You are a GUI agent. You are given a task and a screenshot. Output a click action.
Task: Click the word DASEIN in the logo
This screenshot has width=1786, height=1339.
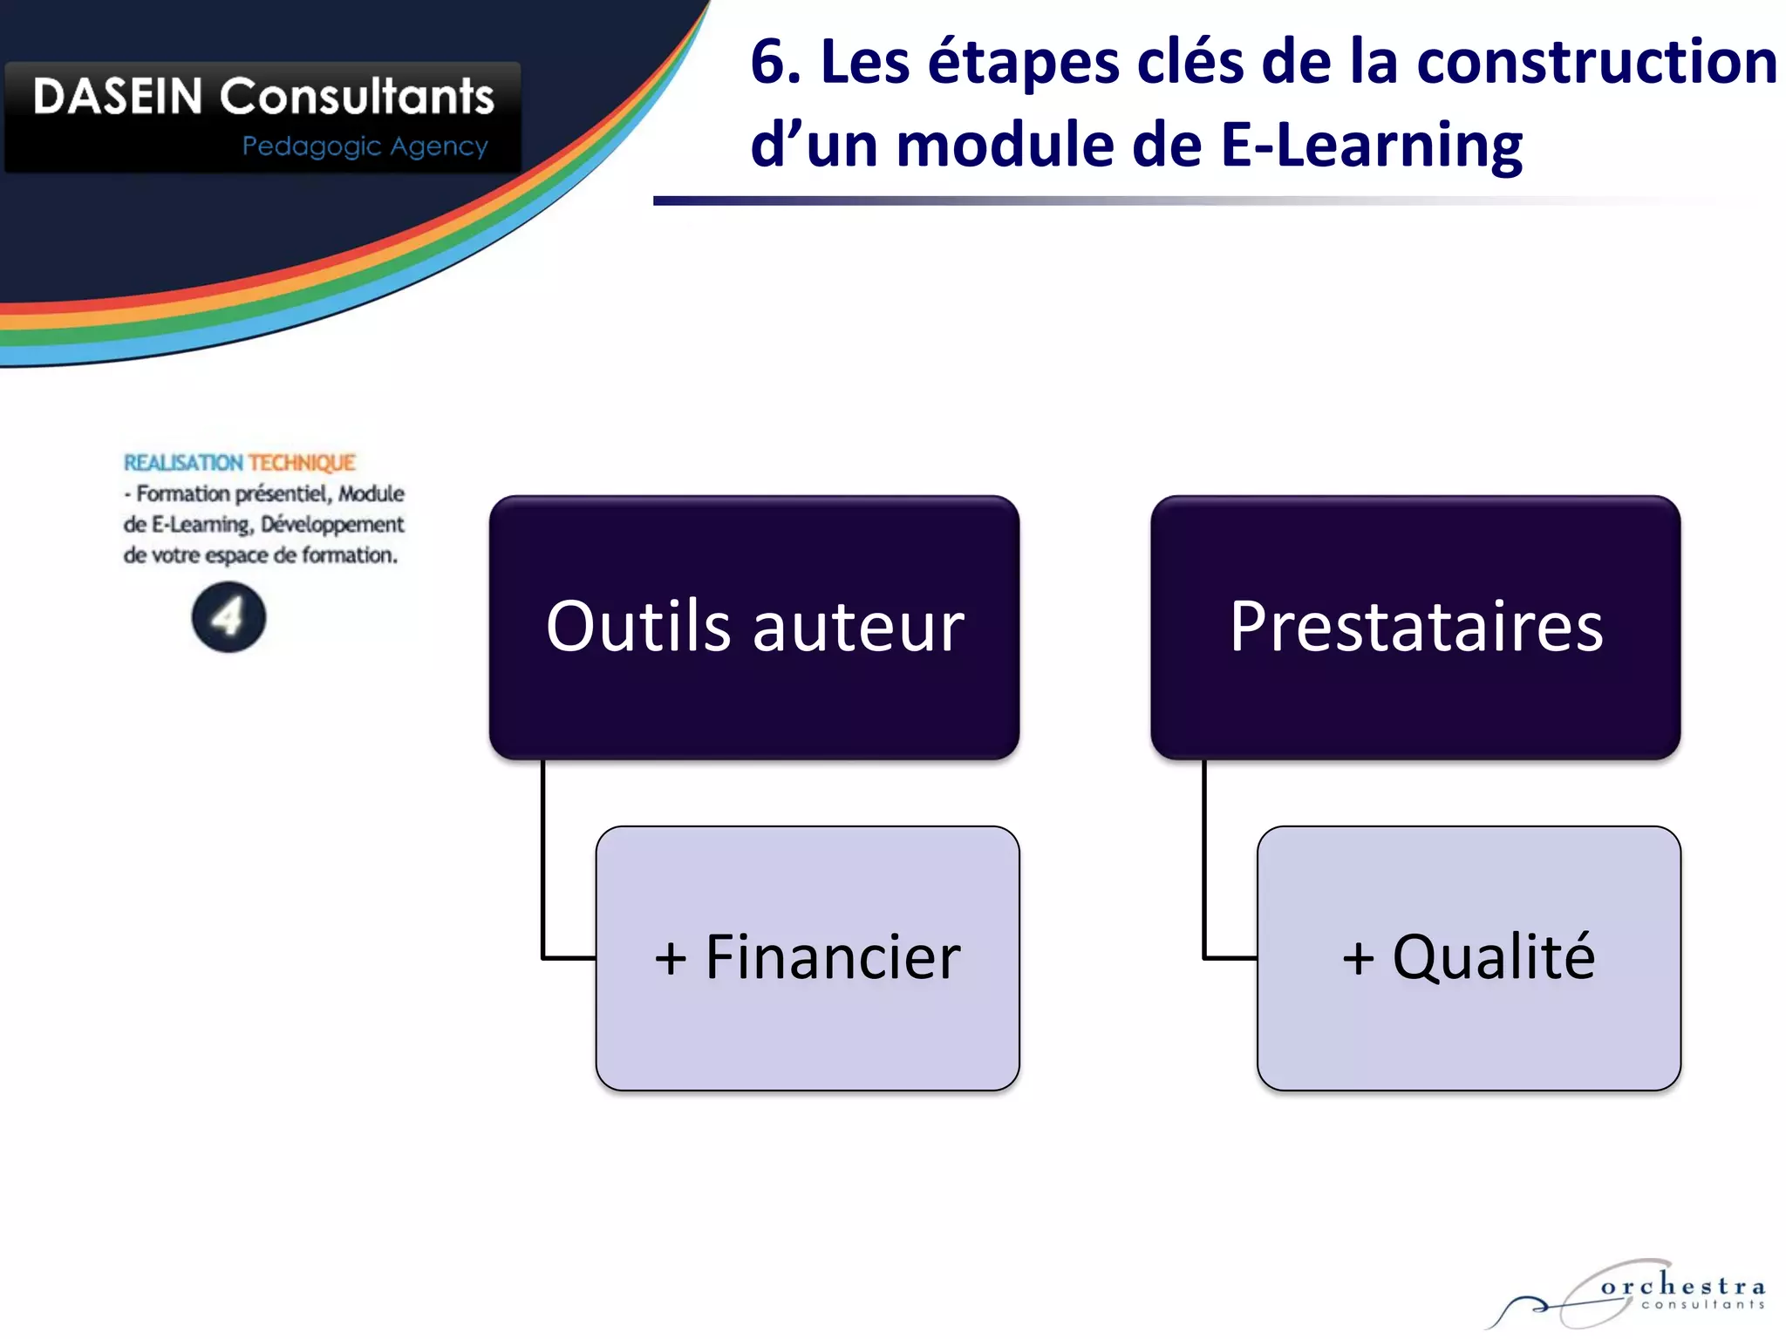coord(118,96)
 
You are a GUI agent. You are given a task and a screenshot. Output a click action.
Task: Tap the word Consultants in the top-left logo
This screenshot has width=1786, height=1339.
coord(357,96)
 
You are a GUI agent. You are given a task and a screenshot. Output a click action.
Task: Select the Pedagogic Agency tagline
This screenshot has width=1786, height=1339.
coord(365,146)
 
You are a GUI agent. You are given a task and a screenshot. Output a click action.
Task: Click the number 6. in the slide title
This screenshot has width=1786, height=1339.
coord(775,63)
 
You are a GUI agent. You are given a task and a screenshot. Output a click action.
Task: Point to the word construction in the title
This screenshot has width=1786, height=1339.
coord(1596,63)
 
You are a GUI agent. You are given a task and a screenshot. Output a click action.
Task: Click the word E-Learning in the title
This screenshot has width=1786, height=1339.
coord(1371,146)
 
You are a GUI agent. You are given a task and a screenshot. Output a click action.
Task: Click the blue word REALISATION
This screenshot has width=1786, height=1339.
coord(183,463)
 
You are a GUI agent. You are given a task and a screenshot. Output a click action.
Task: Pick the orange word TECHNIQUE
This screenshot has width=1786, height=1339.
coord(302,463)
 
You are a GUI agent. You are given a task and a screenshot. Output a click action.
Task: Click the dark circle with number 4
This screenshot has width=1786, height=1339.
coord(228,617)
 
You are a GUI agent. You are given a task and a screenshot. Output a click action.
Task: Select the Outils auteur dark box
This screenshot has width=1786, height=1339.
coord(754,627)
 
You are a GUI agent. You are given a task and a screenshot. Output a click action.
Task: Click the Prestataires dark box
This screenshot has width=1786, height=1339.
coord(1415,627)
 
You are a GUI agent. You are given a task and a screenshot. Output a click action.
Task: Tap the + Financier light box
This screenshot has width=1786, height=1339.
coord(808,957)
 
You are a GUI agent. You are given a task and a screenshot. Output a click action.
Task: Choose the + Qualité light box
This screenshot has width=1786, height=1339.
coord(1469,957)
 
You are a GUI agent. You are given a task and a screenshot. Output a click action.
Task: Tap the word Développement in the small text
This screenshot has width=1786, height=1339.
coord(332,525)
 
